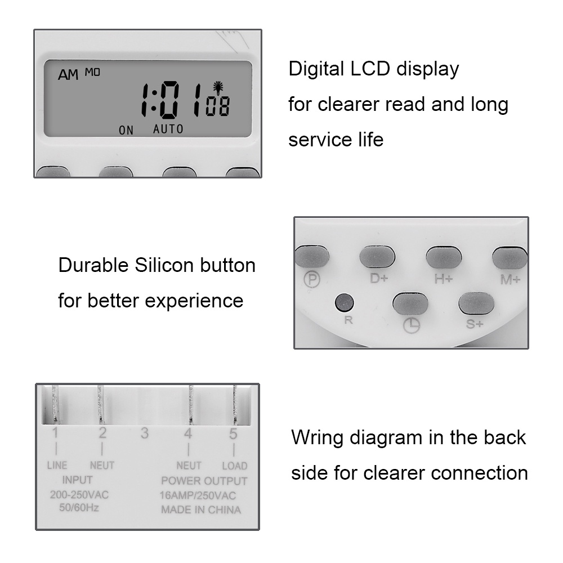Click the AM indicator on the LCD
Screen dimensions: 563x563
[68, 75]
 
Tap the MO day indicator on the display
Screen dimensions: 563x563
[92, 72]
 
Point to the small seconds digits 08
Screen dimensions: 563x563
[217, 106]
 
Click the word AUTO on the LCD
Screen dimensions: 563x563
[168, 129]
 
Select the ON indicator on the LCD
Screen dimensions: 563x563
[126, 131]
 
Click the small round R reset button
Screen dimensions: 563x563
[343, 303]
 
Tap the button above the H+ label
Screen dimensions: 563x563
[444, 258]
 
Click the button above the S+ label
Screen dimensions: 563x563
[476, 303]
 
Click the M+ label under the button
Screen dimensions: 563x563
[511, 279]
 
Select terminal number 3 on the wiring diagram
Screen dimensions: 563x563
[145, 434]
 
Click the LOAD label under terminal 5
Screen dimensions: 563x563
[234, 466]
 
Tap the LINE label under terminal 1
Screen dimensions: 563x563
[56, 466]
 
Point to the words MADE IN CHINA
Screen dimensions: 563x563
[201, 510]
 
